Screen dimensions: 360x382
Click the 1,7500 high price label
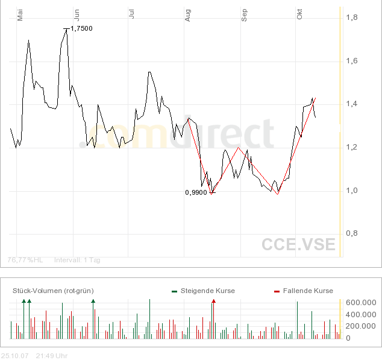click(82, 28)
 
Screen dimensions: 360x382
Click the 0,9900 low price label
click(196, 193)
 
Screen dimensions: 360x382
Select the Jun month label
click(76, 15)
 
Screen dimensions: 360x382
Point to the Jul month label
click(131, 14)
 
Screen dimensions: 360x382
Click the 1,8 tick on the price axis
click(352, 18)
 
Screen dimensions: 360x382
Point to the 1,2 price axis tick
click(352, 148)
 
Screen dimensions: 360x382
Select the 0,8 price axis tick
click(352, 233)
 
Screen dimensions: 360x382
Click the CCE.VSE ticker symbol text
click(298, 244)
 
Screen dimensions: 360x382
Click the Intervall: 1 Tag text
click(77, 260)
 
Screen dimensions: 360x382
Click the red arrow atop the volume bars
click(213, 300)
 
